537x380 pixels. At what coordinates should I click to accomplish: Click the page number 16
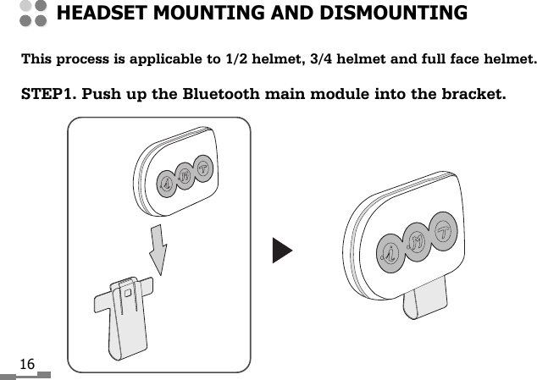pyautogui.click(x=27, y=364)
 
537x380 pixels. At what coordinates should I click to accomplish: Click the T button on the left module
pyautogui.click(x=203, y=168)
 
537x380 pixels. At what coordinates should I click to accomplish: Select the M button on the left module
pyautogui.click(x=184, y=174)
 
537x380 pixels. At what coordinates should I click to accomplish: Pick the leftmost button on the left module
pyautogui.click(x=166, y=182)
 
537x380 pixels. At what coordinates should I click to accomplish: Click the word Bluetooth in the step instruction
pyautogui.click(x=223, y=92)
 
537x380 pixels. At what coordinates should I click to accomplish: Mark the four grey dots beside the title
pyautogui.click(x=32, y=14)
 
